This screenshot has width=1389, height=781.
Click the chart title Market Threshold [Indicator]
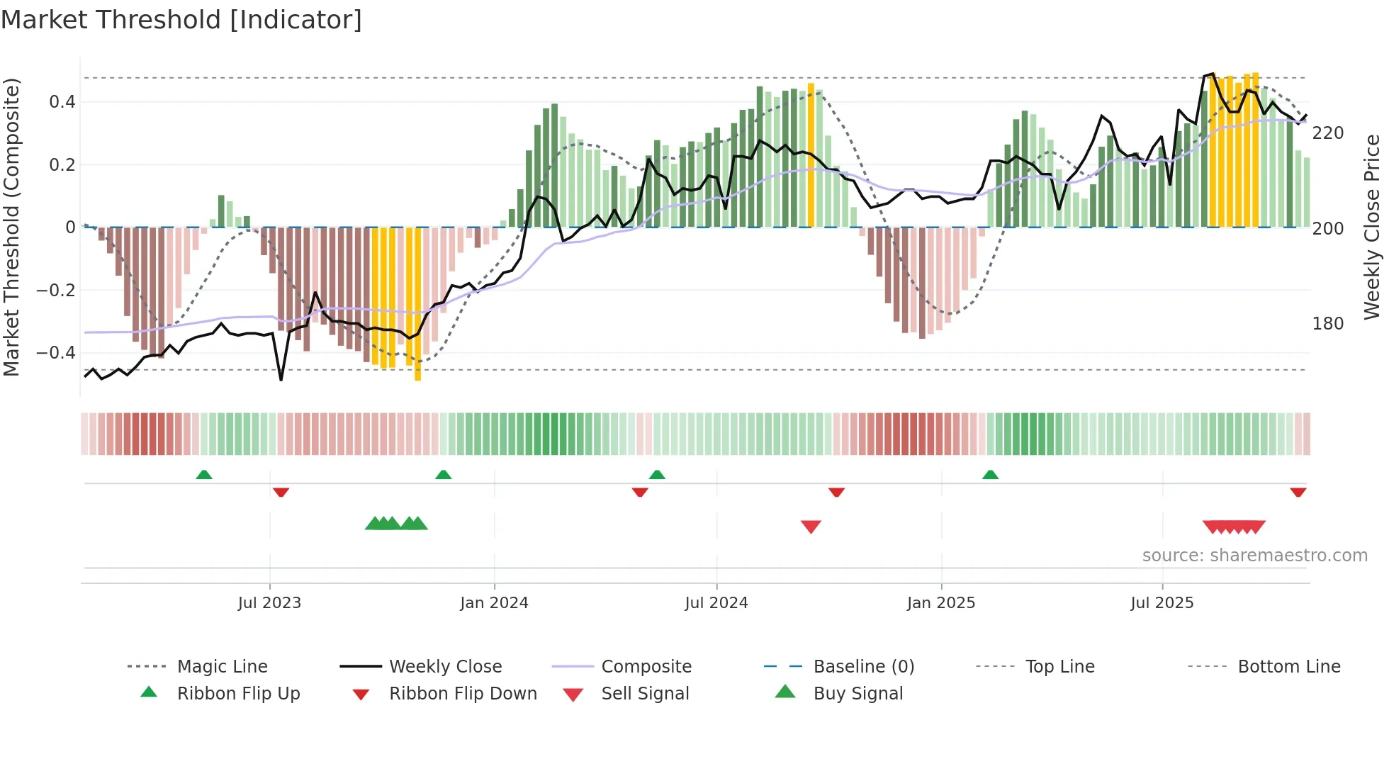pyautogui.click(x=181, y=20)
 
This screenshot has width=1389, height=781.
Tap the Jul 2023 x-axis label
pyautogui.click(x=269, y=603)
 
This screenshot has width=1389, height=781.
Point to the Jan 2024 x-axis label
pyautogui.click(x=494, y=603)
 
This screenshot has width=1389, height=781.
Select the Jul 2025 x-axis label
pyautogui.click(x=1162, y=603)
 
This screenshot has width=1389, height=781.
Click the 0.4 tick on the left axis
pyautogui.click(x=62, y=102)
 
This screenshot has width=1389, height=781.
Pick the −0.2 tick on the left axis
pyautogui.click(x=56, y=290)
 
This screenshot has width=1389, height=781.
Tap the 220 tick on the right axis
pyautogui.click(x=1328, y=133)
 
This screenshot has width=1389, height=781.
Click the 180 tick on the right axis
pyautogui.click(x=1328, y=324)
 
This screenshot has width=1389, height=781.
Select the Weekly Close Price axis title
pyautogui.click(x=1372, y=227)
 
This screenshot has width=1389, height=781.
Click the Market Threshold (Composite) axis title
pyautogui.click(x=11, y=227)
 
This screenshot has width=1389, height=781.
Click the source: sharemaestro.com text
pyautogui.click(x=1254, y=556)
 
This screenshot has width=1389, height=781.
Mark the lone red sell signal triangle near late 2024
pyautogui.click(x=811, y=527)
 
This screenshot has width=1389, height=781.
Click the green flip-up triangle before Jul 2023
pyautogui.click(x=204, y=474)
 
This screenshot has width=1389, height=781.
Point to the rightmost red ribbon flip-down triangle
pyautogui.click(x=1298, y=492)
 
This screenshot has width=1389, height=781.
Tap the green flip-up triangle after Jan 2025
pyautogui.click(x=990, y=474)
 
